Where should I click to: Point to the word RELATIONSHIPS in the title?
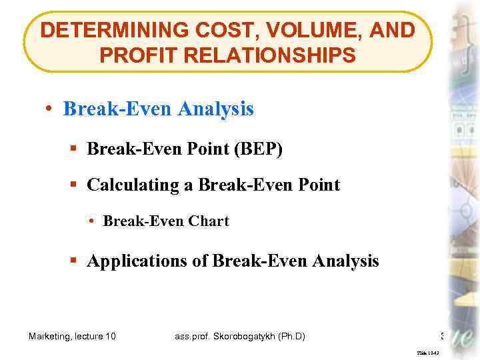[273, 55]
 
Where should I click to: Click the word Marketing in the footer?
[51, 336]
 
